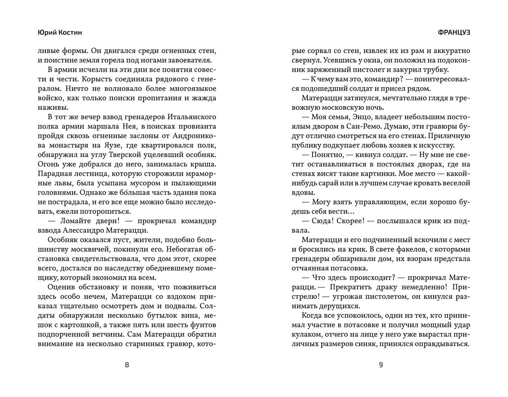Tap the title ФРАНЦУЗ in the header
point(454,33)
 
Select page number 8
point(127,365)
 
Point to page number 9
point(381,365)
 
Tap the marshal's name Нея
point(127,126)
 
